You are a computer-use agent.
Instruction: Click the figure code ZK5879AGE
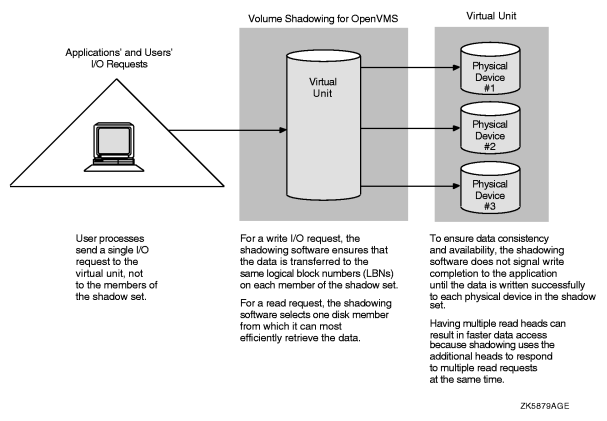point(548,408)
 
